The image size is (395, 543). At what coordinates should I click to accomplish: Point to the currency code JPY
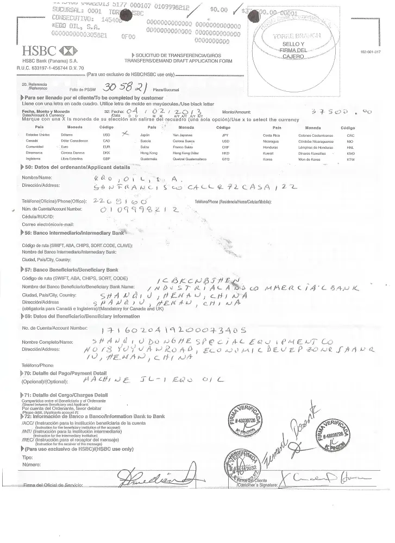(225, 135)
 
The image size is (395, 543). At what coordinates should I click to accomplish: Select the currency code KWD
(350, 153)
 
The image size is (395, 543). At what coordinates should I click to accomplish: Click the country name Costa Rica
(271, 135)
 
